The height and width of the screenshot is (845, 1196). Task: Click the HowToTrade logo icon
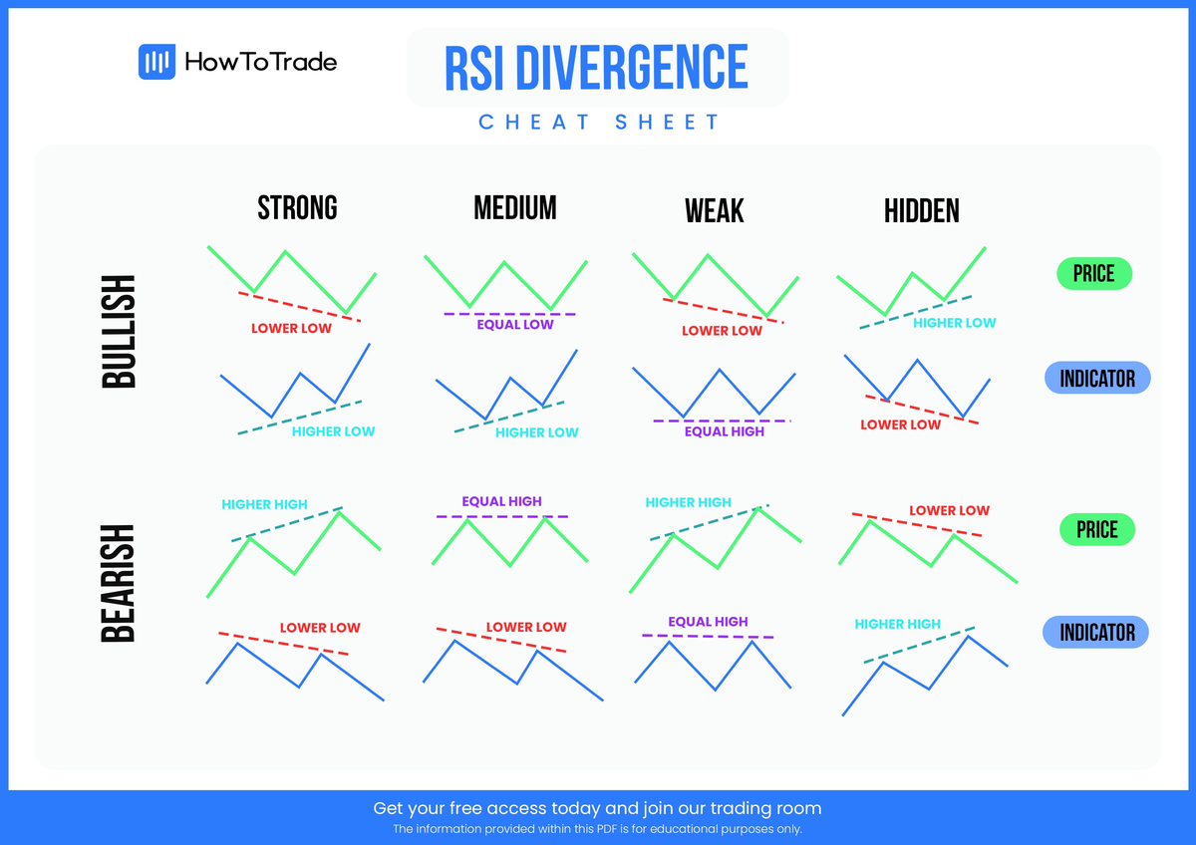click(x=156, y=63)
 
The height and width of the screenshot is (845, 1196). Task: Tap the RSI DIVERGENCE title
click(x=596, y=68)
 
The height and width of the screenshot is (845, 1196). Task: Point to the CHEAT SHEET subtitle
click(x=599, y=123)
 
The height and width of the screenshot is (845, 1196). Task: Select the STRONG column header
click(x=297, y=207)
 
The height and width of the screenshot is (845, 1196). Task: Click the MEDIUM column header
click(x=514, y=207)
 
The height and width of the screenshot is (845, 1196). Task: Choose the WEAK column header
click(x=714, y=211)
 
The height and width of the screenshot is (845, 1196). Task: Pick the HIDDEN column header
click(x=921, y=211)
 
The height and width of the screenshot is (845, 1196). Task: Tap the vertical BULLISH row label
click(x=119, y=332)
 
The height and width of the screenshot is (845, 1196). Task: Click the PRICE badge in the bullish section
click(x=1093, y=273)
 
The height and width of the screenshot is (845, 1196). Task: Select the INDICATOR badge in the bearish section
click(x=1096, y=632)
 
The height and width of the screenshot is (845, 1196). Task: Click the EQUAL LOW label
click(x=514, y=325)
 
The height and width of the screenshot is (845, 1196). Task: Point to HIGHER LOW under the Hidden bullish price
click(x=954, y=323)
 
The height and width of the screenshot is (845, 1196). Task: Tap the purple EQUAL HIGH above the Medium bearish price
click(x=501, y=501)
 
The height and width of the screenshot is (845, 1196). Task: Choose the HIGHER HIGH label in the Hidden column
click(x=897, y=624)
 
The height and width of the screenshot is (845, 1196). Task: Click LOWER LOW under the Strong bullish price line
click(x=291, y=328)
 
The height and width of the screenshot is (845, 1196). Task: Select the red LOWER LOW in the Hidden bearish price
click(x=949, y=510)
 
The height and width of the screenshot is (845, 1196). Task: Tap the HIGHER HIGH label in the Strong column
click(x=264, y=504)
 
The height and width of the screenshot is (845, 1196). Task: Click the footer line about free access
click(x=597, y=808)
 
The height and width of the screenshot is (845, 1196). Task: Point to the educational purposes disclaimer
click(x=597, y=829)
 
